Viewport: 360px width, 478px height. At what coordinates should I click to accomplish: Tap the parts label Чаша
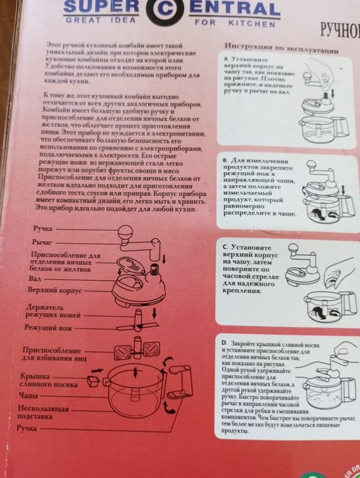click(x=29, y=396)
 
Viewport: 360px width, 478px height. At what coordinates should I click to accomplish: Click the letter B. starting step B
click(x=225, y=160)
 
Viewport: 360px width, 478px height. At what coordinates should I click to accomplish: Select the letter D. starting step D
click(x=224, y=339)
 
